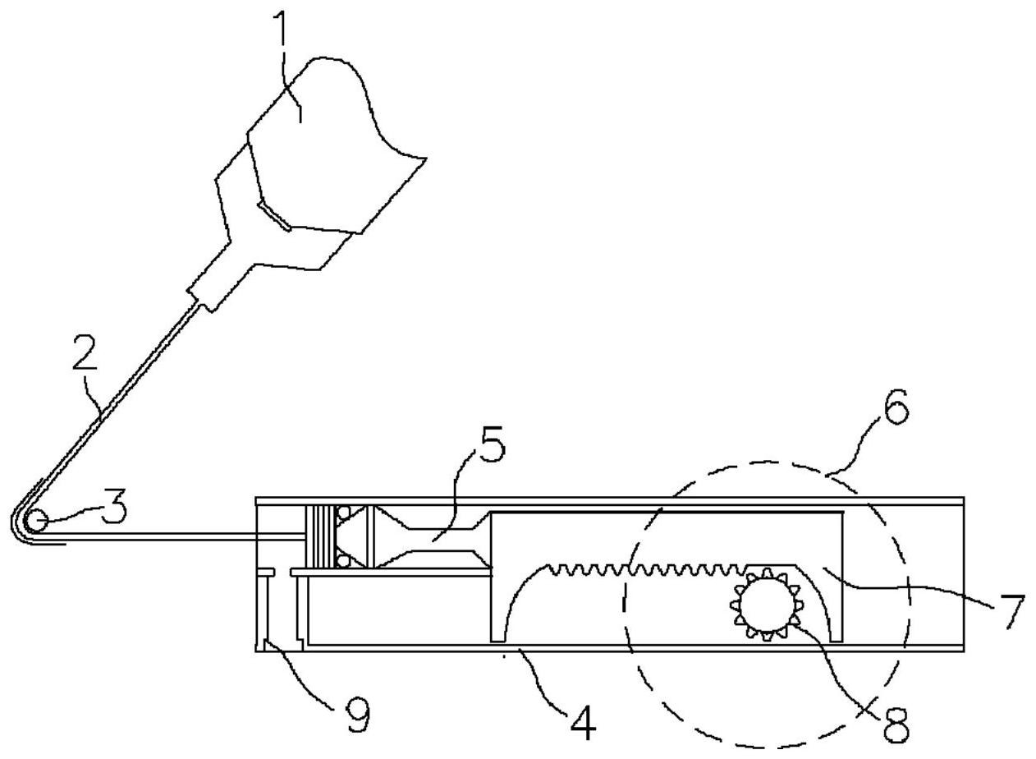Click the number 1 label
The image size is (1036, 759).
[x=282, y=30]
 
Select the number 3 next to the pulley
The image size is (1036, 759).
[x=115, y=509]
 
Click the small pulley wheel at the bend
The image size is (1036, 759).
[x=34, y=521]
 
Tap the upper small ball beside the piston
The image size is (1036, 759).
[x=343, y=512]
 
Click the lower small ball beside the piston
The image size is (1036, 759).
[x=343, y=560]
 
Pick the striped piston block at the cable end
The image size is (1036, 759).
[x=321, y=536]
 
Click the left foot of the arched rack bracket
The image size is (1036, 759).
[x=499, y=632]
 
